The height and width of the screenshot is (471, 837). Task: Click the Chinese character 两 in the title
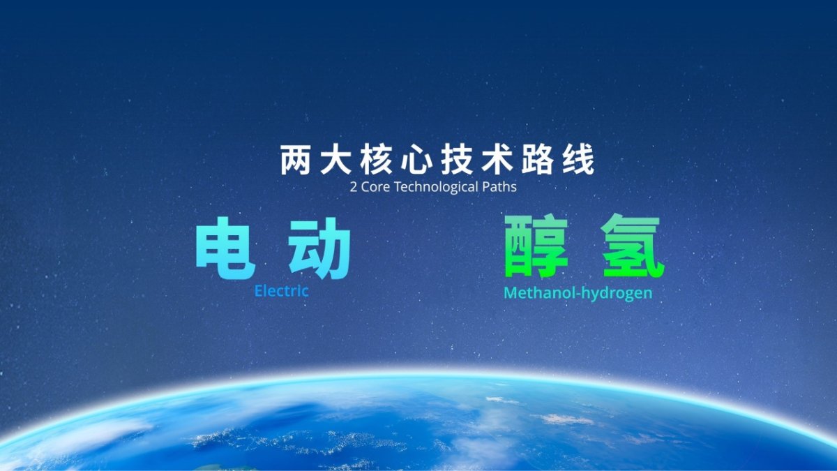[295, 160]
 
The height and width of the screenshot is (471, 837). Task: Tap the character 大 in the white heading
[336, 160]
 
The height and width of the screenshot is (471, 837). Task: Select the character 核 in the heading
[376, 160]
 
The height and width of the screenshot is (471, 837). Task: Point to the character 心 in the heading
[416, 161]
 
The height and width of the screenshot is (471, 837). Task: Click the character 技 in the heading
[457, 160]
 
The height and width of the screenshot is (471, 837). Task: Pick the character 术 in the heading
[497, 160]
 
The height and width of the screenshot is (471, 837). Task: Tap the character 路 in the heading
[537, 160]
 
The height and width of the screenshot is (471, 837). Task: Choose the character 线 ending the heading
[578, 160]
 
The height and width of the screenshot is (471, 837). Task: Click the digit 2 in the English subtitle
[354, 187]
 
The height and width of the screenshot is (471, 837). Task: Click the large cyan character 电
[225, 248]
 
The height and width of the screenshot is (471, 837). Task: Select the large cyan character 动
[320, 248]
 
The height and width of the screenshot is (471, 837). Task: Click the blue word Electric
[282, 291]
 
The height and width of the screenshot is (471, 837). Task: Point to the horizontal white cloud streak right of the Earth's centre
[565, 419]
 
